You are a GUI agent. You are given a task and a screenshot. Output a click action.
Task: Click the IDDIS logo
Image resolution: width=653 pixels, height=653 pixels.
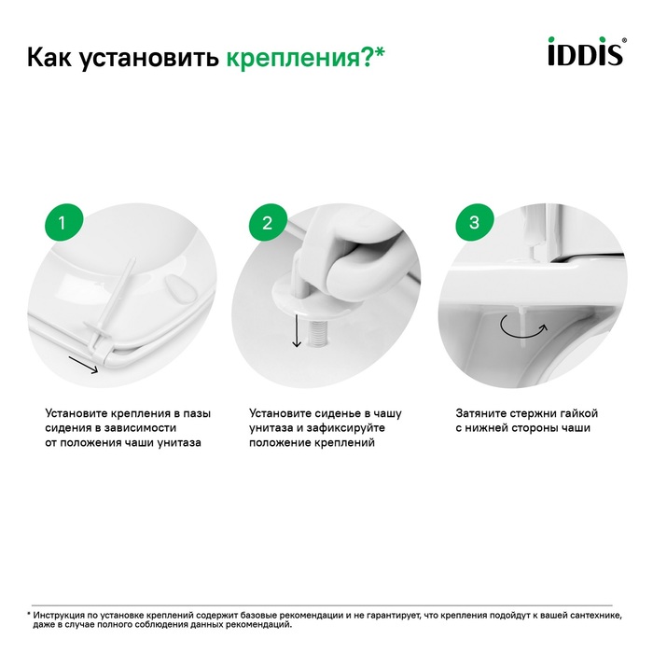pos(587,51)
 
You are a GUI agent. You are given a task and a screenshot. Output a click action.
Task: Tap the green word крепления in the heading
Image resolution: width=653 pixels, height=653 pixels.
pos(293,58)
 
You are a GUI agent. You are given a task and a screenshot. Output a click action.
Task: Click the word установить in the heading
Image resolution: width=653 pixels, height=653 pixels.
pos(149,58)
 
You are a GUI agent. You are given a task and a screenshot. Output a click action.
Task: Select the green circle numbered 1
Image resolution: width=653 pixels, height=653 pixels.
pos(63,222)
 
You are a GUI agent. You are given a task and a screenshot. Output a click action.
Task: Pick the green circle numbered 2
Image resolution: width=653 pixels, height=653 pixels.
pos(268,222)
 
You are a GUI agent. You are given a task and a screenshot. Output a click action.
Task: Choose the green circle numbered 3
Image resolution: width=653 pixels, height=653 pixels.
pos(474,222)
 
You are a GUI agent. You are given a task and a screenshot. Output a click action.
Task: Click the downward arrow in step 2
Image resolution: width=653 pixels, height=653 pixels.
pos(297,330)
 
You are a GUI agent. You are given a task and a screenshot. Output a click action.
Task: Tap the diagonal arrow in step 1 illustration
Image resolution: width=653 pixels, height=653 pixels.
pos(83,365)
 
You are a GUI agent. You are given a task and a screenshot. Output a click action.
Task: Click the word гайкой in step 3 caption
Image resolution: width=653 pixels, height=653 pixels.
pos(579,413)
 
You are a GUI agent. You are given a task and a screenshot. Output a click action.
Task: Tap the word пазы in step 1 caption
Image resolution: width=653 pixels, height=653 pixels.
pos(197,414)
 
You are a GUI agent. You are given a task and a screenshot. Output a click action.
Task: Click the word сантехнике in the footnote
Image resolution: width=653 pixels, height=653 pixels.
pos(596,616)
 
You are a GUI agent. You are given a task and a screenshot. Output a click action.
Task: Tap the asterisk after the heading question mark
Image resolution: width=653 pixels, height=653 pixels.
pos(379,53)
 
